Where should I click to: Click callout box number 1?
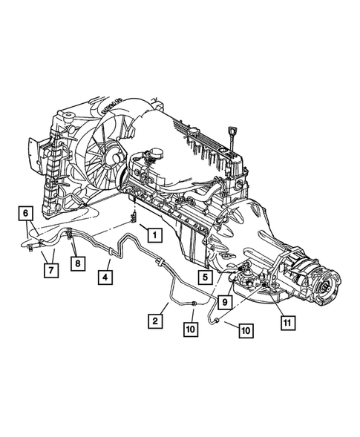[154, 236]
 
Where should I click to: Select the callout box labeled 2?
[155, 321]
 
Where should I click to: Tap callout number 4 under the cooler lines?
[105, 278]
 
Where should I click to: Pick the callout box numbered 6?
[26, 213]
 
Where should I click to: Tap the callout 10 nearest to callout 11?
[244, 332]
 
